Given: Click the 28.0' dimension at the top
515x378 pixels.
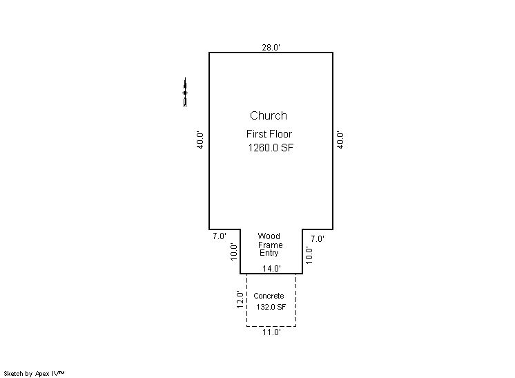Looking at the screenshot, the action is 271,47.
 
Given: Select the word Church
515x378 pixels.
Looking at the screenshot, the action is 269,115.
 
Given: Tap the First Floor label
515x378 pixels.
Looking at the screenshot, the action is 269,134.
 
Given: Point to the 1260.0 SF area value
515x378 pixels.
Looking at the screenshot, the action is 271,148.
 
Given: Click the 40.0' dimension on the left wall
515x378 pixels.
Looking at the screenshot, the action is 200,140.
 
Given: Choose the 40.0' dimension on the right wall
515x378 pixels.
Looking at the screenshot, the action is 340,140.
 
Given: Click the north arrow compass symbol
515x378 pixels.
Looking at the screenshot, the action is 185,93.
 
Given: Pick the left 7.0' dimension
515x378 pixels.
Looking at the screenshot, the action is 220,236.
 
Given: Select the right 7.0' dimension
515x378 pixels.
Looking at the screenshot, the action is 318,239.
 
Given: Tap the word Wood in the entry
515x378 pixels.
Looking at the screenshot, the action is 269,236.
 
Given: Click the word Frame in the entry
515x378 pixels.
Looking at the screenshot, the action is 271,245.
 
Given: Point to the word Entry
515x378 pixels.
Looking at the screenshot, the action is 269,253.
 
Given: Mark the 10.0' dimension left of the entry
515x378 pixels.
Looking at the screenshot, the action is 233,252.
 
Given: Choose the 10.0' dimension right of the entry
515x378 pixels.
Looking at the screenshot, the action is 309,255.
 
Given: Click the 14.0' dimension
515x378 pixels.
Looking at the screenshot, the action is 271,269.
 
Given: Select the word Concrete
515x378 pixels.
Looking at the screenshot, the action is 269,296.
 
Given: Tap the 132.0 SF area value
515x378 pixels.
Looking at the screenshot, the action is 271,307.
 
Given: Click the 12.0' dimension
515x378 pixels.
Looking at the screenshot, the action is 240,300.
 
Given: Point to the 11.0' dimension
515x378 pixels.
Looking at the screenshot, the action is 271,332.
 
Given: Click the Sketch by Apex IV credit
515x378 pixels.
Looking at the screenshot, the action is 34,374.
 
